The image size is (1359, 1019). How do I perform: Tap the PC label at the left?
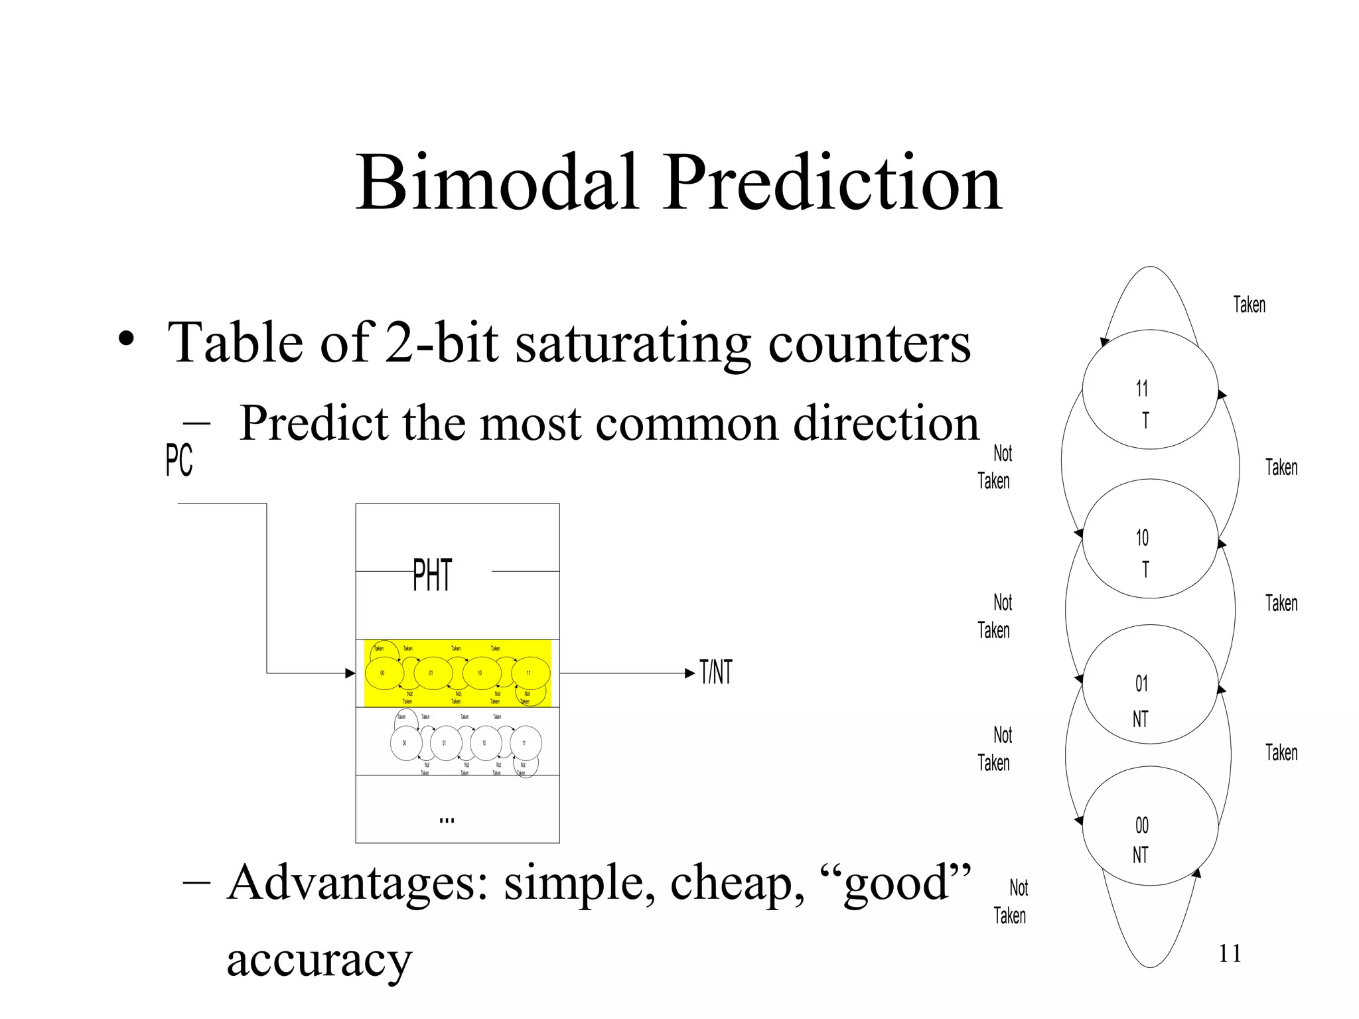179,460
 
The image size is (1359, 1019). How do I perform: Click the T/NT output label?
716,673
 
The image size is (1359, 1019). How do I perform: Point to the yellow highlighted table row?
458,673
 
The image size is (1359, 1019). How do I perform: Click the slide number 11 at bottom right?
1230,954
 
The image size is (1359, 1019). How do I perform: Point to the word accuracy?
319,959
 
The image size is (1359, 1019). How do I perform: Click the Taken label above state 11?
1249,305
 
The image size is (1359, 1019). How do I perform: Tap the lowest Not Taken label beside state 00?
1010,902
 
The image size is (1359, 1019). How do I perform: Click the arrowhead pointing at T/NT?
690,673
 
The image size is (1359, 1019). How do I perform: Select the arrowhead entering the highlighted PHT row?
350,673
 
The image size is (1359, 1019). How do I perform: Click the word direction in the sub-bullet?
886,423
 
